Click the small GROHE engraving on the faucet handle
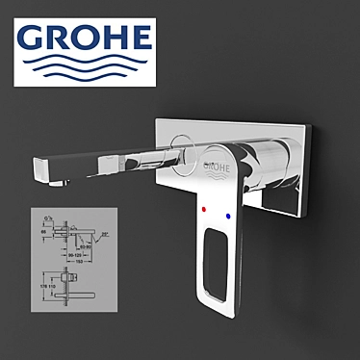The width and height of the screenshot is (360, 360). [218, 167]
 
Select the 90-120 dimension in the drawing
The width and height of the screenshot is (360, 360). [75, 255]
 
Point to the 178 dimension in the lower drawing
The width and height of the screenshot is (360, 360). [42, 286]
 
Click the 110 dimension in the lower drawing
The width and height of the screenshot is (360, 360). [52, 286]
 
